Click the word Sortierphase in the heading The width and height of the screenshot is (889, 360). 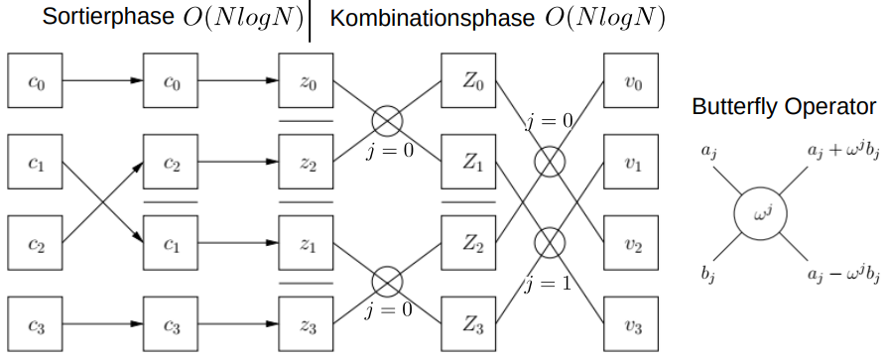click(108, 18)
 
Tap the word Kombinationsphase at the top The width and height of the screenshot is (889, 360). click(433, 18)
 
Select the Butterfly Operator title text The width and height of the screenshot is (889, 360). click(784, 107)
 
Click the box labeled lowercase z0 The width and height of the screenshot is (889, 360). click(306, 80)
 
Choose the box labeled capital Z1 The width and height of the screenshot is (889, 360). click(468, 162)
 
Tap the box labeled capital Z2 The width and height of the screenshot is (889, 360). click(468, 243)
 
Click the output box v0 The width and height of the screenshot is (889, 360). click(631, 80)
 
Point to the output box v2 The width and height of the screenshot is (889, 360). click(631, 243)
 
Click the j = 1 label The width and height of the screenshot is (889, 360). click(548, 284)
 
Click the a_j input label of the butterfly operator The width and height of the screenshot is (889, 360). click(708, 151)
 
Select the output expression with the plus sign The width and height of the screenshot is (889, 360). click(843, 151)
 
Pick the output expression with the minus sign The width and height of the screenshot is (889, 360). click(843, 275)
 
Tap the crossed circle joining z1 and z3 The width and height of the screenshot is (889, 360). click(387, 282)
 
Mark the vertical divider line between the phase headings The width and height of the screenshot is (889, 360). click(310, 21)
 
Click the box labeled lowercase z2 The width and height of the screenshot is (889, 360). click(306, 162)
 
